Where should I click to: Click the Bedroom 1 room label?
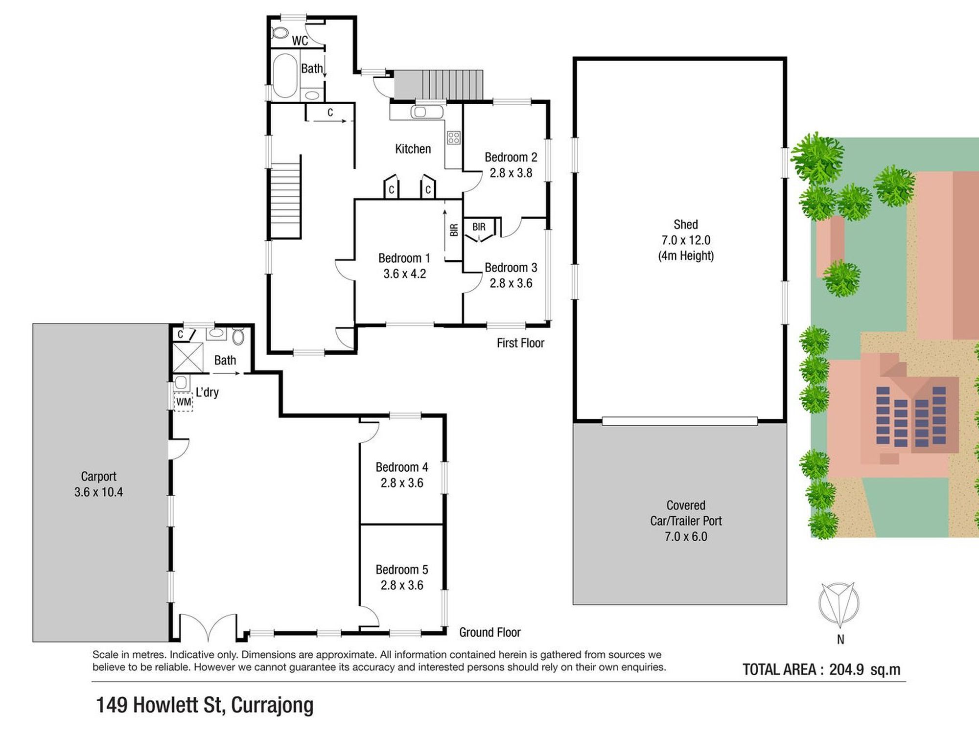click(404, 258)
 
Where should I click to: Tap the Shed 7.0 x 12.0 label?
click(686, 232)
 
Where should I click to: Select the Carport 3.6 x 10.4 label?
click(98, 484)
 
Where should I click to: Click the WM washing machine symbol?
click(184, 402)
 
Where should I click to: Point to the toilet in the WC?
click(280, 33)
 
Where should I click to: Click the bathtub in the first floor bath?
click(285, 75)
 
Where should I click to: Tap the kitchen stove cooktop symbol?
click(453, 138)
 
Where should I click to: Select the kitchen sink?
click(420, 112)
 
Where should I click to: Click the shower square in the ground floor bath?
click(188, 358)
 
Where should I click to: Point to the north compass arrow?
click(839, 605)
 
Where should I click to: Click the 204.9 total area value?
click(846, 669)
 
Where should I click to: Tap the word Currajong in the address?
click(272, 705)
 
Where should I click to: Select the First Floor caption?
click(520, 343)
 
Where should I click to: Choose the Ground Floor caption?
click(489, 632)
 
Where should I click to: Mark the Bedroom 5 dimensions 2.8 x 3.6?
click(402, 585)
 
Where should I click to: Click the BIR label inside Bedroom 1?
click(454, 230)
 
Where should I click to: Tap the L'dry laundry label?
click(207, 392)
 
